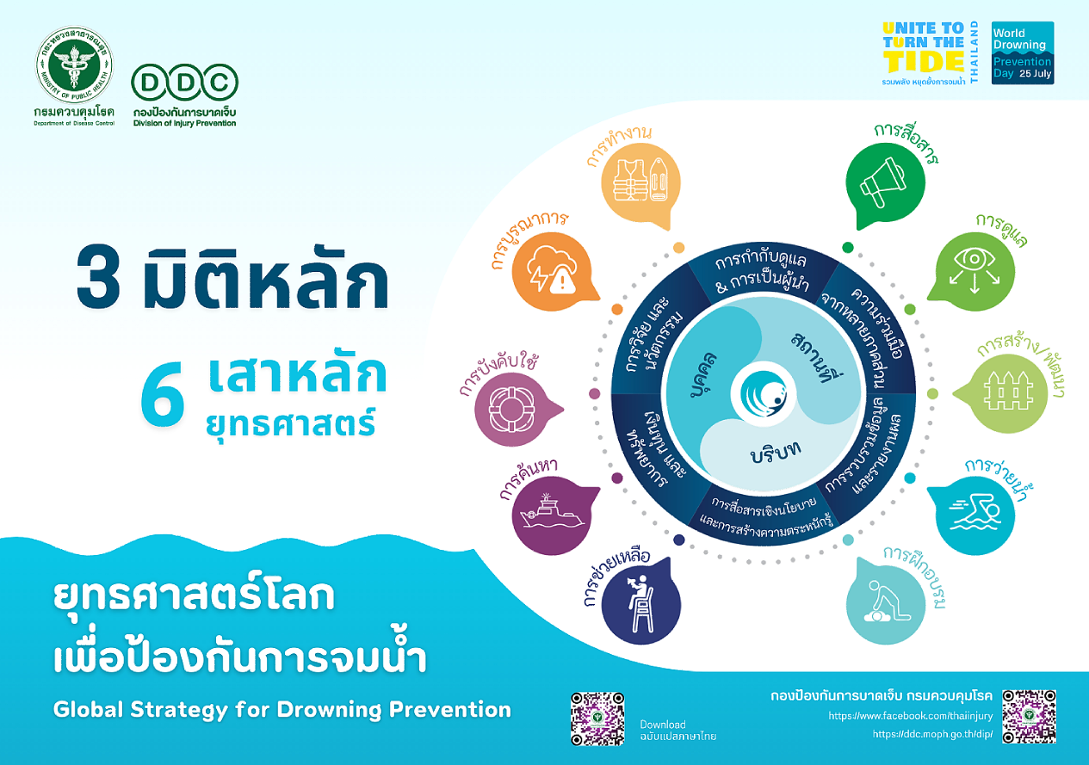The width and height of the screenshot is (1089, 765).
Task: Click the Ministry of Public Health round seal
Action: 74,65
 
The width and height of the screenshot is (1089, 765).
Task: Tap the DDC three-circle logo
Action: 185,83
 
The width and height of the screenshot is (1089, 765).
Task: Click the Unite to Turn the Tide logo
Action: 930,53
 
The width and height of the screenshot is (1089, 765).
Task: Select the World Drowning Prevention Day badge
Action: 1023,53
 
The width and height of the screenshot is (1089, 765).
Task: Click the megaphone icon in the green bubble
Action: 883,183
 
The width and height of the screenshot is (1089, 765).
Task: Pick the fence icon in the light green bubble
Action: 1008,391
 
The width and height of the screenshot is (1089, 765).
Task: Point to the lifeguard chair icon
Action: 640,603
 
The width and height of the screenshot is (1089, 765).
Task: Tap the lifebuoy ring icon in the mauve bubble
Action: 511,410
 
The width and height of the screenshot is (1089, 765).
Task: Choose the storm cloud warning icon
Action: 553,271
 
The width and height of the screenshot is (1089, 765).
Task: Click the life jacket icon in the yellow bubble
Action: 640,180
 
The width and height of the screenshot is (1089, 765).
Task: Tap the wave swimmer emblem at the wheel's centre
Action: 764,393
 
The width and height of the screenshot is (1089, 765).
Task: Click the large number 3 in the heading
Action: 98,277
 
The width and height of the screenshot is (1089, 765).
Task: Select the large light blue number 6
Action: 163,394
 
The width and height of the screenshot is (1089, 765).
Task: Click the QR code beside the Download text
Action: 597,719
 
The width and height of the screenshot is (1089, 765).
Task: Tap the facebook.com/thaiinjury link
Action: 911,715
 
